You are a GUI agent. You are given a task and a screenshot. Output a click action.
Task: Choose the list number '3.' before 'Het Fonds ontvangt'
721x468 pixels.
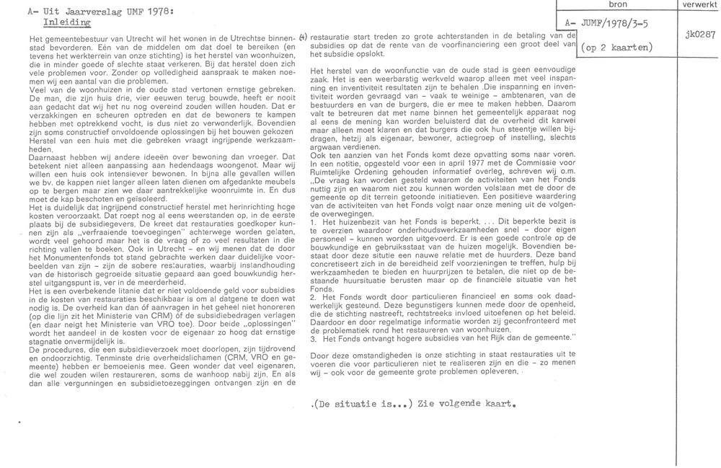[x=312, y=339]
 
